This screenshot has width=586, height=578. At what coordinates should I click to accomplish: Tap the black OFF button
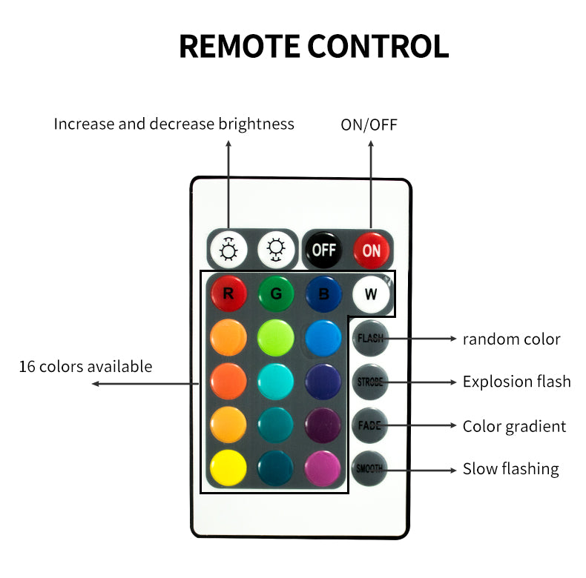pos(323,250)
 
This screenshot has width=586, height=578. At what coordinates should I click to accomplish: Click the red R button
pos(228,293)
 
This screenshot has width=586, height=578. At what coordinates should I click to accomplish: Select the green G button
pos(276,293)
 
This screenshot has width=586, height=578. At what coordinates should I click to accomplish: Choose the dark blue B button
pos(323,293)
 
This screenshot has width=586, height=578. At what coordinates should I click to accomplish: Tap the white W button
pos(371,293)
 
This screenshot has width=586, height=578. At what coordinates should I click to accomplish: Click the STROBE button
pos(370,382)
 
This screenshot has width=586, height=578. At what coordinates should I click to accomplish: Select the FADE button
pos(370,425)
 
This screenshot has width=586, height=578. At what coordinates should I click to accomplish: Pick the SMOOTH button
pos(370,468)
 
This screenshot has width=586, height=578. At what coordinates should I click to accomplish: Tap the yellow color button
pos(228,468)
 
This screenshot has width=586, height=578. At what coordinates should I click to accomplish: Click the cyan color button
pos(276,381)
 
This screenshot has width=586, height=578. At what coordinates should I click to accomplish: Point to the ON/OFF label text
pos(369,124)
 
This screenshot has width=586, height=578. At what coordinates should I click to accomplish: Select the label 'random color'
pos(511,339)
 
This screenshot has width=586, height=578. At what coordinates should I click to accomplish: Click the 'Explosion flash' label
pos(516,382)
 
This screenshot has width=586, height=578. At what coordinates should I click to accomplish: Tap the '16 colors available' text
pos(85,366)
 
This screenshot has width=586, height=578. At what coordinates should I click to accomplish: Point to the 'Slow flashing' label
pos(510,468)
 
